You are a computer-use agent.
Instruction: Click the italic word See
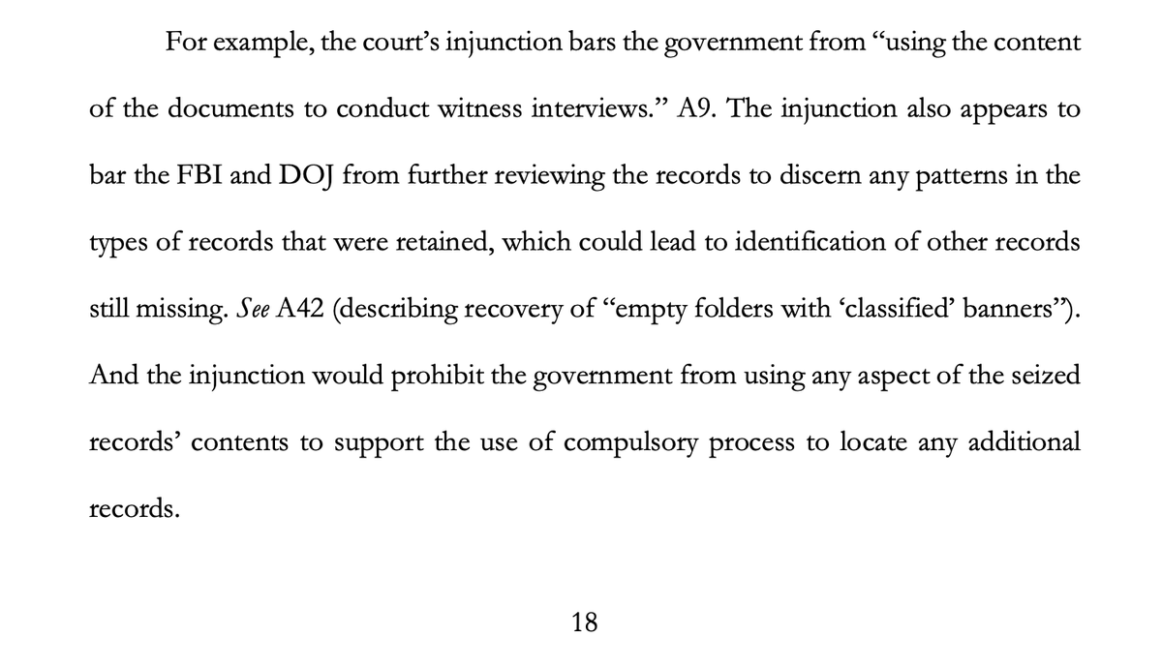click(240, 309)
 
